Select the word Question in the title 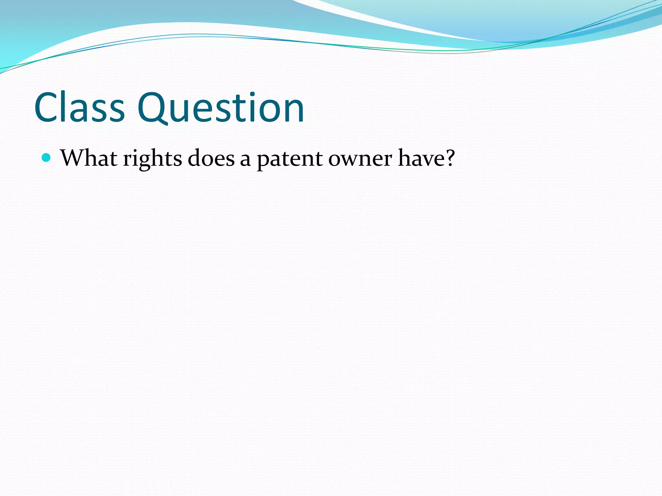tap(220, 108)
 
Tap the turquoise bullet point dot tap(47, 158)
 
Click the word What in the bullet tap(89, 158)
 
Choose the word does tap(211, 158)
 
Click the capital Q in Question tap(154, 108)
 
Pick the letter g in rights tap(142, 161)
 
